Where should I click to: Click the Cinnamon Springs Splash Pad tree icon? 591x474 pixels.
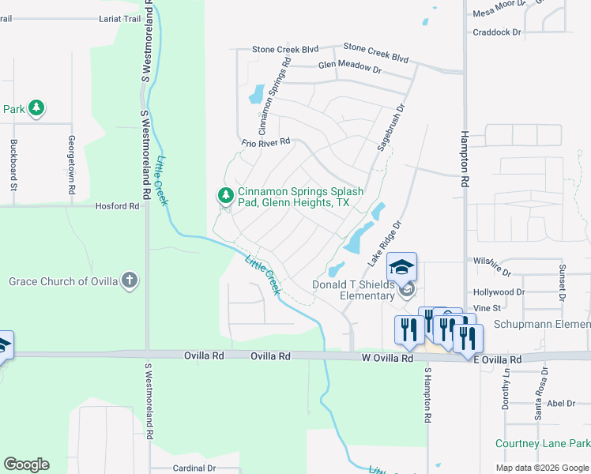point(226,194)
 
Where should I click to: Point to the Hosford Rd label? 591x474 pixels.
point(117,206)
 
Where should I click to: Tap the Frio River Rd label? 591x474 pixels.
point(266,142)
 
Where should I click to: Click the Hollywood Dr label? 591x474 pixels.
point(498,292)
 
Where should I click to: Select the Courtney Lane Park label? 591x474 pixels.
point(543,444)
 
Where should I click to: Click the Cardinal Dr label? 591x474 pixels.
point(194,468)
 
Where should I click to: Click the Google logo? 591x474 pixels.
point(26,465)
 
